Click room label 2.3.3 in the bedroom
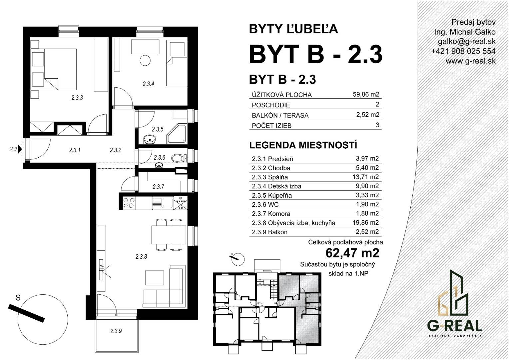coord(77,98)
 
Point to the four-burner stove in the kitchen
coord(129,203)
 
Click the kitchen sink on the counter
coord(162,203)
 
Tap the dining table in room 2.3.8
coord(169,235)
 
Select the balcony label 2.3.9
coord(116,331)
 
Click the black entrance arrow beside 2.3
coord(20,149)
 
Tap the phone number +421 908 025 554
coord(463,51)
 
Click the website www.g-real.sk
coord(470,61)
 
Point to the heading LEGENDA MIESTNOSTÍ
coord(303,145)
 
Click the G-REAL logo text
coord(455,326)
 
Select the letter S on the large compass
coord(18,297)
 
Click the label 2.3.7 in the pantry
coord(158,187)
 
